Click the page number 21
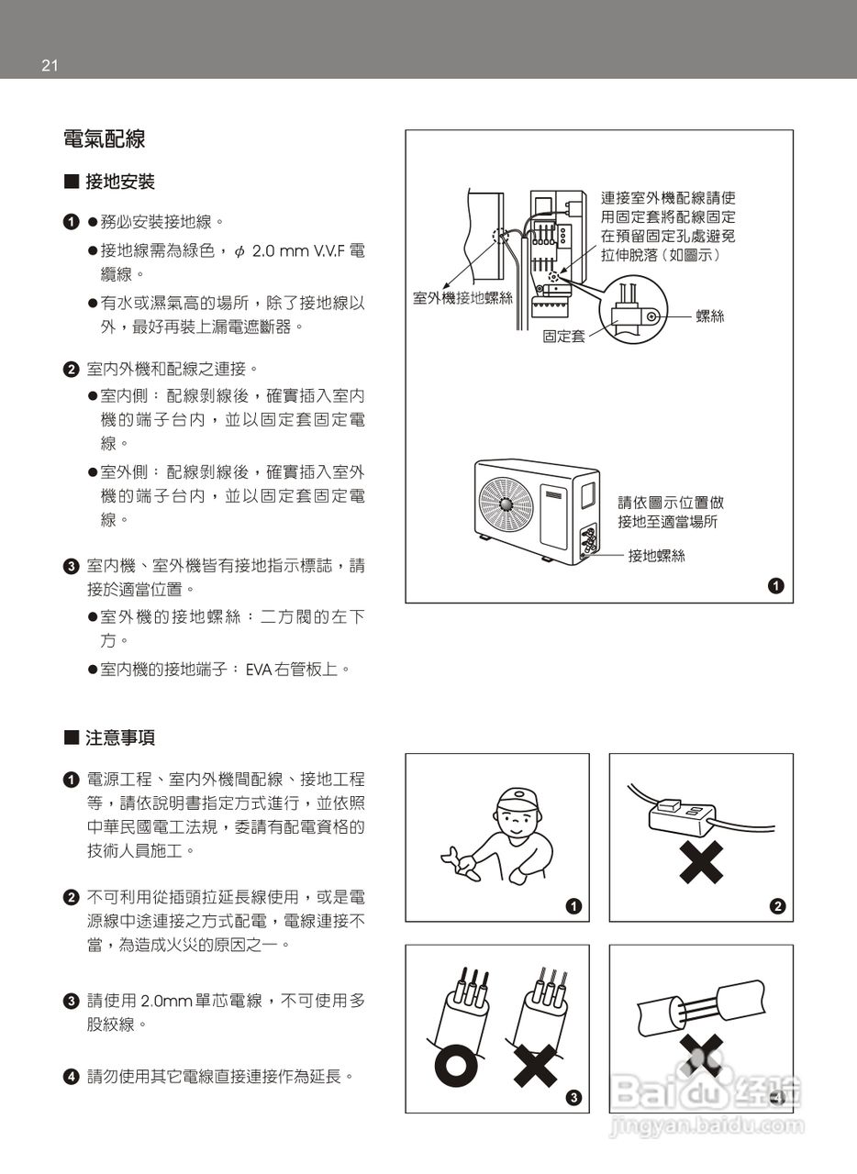coord(50,65)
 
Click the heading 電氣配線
coord(104,139)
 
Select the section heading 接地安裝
coord(119,182)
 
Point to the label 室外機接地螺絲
coord(462,298)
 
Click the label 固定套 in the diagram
coord(563,337)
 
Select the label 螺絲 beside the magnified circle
coord(709,316)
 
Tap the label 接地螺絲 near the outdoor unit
coord(656,556)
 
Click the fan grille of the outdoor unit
coord(506,504)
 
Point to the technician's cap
coord(516,797)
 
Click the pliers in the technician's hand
coord(458,864)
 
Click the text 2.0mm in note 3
coord(167,1001)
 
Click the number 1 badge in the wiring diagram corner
coord(776,585)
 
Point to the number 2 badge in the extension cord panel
coord(777,906)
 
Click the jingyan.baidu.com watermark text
coord(706,1125)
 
